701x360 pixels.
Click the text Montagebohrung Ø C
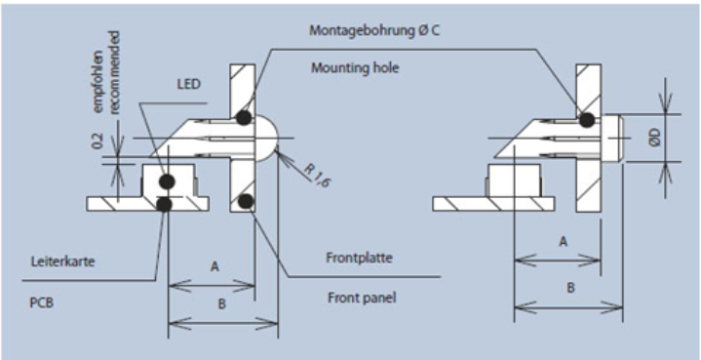[374, 31]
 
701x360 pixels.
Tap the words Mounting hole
[355, 68]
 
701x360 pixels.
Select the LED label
[189, 84]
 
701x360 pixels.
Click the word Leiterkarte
[63, 261]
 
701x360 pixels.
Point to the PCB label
[42, 302]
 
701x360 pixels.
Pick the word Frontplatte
[359, 258]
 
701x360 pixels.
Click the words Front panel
[362, 298]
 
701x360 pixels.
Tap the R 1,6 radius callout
[318, 175]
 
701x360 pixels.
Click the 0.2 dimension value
[97, 140]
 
